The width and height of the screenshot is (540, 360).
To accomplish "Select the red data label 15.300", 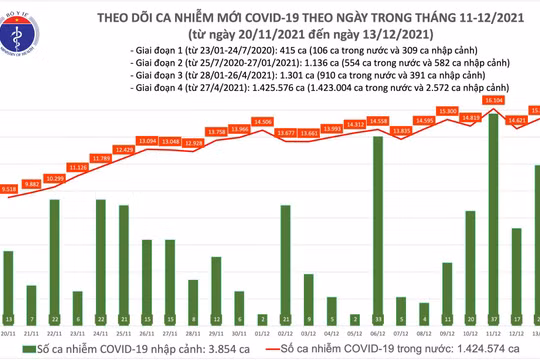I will tap(448, 110).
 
